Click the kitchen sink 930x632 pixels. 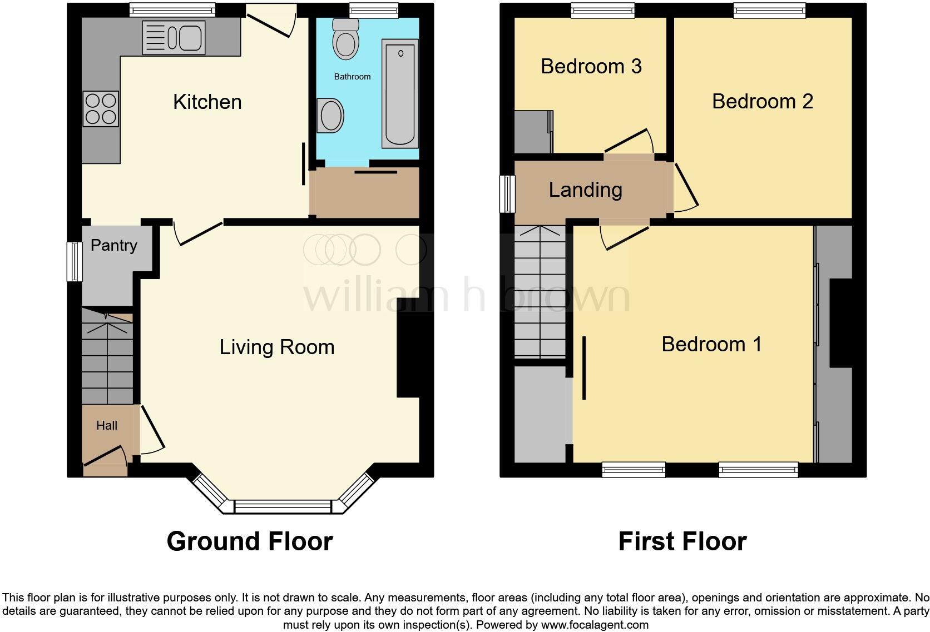pos(174,38)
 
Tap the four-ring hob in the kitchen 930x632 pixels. pos(101,108)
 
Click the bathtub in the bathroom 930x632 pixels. pos(400,93)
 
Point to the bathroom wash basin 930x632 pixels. pos(330,116)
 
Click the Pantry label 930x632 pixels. pos(113,245)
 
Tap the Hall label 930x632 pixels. pos(107,425)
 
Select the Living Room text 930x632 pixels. pos(277,347)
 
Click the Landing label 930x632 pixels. pos(585,190)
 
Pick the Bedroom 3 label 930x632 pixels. pos(591,66)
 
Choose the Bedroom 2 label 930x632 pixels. pos(762,101)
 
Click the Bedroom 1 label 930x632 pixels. pos(711,344)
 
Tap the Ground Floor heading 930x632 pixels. pos(250,541)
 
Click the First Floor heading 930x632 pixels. pos(682,541)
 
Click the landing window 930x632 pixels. pos(507,193)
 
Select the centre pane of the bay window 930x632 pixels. pos(283,506)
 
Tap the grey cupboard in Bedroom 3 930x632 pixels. pos(533,132)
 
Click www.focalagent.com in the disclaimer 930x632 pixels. pos(594,624)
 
